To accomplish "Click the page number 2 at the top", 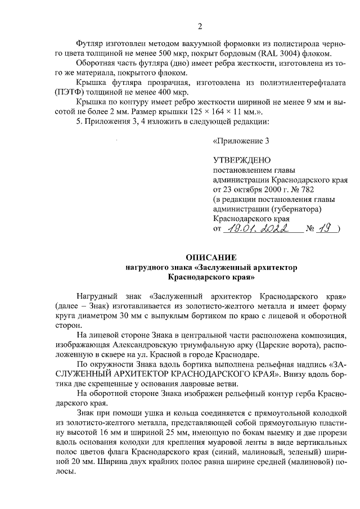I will (x=183, y=25).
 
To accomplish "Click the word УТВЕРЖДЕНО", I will (x=241, y=160).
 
